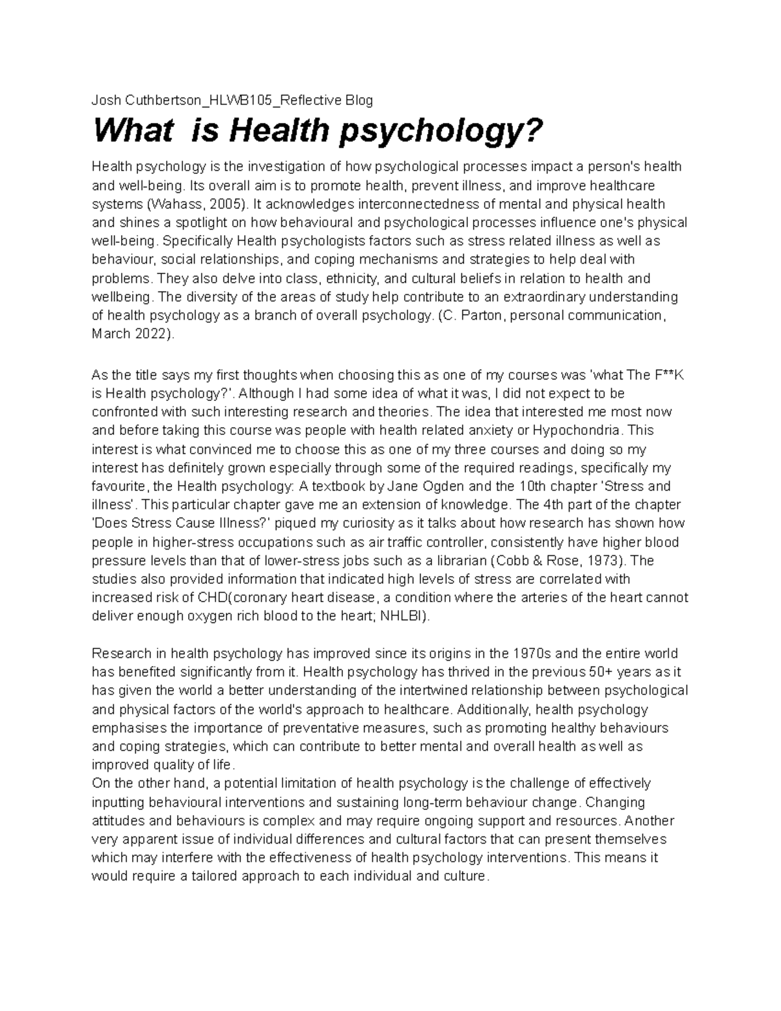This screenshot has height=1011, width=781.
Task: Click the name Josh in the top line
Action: (x=105, y=100)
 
